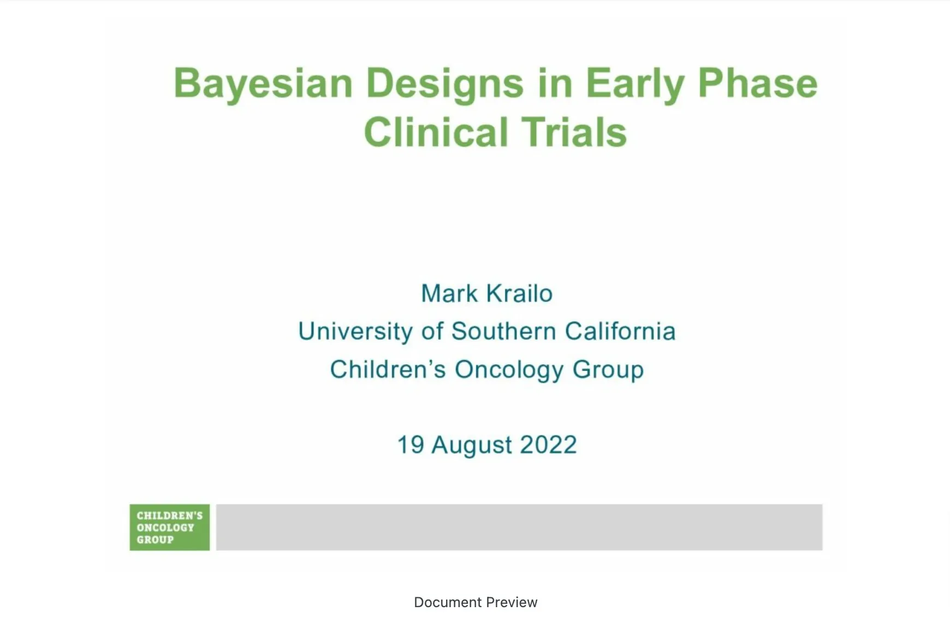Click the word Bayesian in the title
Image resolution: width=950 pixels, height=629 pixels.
click(263, 84)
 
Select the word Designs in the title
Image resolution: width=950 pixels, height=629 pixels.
click(444, 84)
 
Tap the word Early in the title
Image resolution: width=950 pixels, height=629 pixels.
click(634, 84)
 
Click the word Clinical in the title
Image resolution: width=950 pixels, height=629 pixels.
click(436, 133)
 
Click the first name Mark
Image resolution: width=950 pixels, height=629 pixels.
click(449, 294)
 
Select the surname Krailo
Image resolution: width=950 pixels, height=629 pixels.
click(519, 294)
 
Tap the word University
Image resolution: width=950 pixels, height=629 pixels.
click(355, 331)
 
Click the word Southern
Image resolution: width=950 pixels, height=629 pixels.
click(503, 331)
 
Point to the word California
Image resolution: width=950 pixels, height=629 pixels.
click(620, 331)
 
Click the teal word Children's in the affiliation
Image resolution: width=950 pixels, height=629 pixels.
click(388, 370)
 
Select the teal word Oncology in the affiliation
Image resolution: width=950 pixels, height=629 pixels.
click(509, 370)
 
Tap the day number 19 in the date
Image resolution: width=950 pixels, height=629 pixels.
click(411, 445)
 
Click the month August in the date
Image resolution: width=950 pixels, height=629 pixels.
click(472, 445)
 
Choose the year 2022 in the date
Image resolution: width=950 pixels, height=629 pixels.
click(548, 445)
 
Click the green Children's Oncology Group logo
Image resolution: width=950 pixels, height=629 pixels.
click(169, 527)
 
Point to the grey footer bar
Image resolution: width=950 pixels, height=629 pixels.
click(519, 527)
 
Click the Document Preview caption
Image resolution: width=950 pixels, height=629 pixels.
click(475, 602)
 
